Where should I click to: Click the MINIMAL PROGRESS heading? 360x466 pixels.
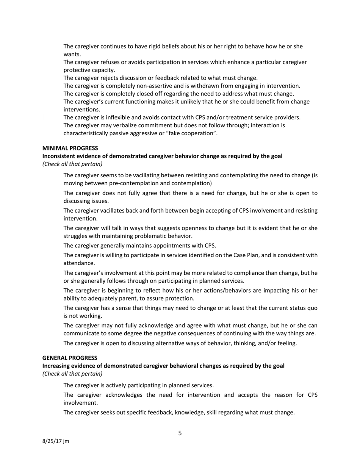tap(70, 148)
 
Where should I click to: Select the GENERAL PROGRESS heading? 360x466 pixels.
tap(70, 358)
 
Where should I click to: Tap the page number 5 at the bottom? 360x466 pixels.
tap(180, 433)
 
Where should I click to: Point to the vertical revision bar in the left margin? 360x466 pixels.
tap(43, 117)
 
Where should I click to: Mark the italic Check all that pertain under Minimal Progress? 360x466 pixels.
tap(72, 164)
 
